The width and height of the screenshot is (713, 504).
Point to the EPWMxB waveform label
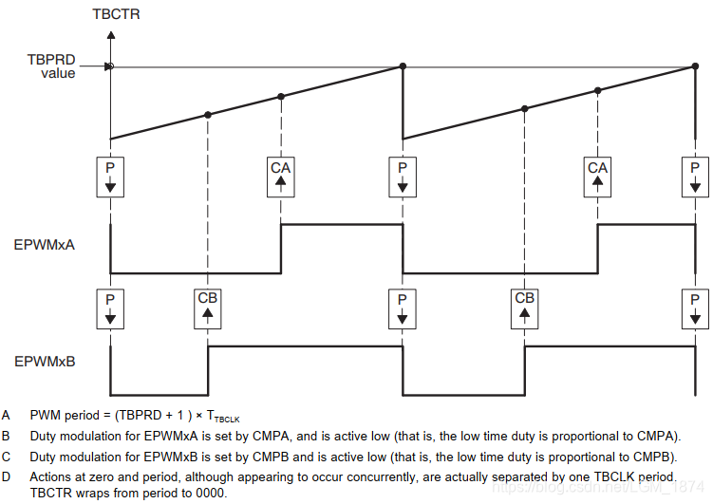(46, 362)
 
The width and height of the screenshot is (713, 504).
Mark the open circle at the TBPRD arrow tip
(111, 66)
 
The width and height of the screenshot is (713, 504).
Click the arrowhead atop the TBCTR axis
(111, 35)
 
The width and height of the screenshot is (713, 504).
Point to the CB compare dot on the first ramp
(208, 115)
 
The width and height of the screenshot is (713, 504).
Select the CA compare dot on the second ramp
(597, 90)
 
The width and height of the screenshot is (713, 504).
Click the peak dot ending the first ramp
(403, 65)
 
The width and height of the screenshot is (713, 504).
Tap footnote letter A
(7, 415)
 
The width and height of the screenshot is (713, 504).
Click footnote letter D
(7, 476)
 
